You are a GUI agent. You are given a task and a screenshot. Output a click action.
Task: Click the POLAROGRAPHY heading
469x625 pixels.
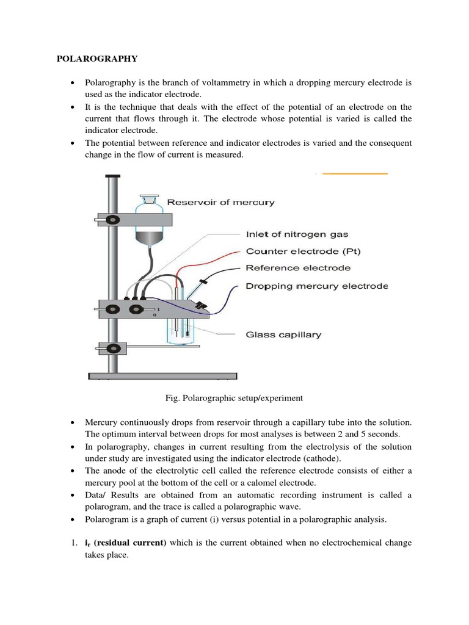(97, 59)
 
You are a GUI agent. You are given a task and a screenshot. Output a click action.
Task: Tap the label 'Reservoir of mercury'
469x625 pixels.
(221, 203)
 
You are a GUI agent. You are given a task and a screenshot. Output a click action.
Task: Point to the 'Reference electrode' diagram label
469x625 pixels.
(298, 268)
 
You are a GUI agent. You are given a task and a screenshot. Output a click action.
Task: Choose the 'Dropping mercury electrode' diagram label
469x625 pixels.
(316, 286)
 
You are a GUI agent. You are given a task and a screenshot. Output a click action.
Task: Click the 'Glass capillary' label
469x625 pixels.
(283, 334)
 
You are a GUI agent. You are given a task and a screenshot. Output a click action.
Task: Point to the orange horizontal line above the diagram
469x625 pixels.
(355, 174)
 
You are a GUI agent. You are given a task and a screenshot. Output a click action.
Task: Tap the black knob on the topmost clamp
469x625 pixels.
(112, 219)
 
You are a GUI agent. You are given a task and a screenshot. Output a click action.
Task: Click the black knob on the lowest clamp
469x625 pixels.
(113, 349)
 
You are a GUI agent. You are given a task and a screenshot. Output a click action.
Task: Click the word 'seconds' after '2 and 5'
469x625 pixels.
(382, 434)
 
